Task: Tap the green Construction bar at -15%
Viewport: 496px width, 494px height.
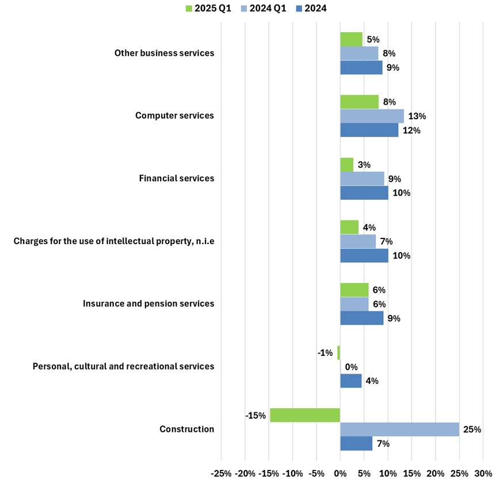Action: pyautogui.click(x=305, y=415)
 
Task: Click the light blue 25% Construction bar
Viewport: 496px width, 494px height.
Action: pyautogui.click(x=399, y=430)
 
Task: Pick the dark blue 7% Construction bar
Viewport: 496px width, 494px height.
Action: pyautogui.click(x=356, y=443)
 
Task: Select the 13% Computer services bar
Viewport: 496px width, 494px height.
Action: pyautogui.click(x=372, y=116)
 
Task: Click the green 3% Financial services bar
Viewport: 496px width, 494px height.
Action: pyautogui.click(x=347, y=165)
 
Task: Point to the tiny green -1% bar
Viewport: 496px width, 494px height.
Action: pyautogui.click(x=339, y=352)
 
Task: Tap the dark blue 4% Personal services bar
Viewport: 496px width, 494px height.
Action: pyautogui.click(x=351, y=381)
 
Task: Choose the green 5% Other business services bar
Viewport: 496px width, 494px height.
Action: pyautogui.click(x=351, y=39)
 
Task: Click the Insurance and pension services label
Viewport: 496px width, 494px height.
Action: pyautogui.click(x=148, y=303)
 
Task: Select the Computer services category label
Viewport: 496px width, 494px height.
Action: pyautogui.click(x=174, y=116)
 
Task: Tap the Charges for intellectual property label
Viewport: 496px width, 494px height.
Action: pyautogui.click(x=114, y=241)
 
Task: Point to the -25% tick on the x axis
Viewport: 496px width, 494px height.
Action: pyautogui.click(x=222, y=474)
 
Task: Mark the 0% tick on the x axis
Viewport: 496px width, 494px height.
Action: pyautogui.click(x=340, y=474)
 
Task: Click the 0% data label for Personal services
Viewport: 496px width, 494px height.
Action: pyautogui.click(x=351, y=367)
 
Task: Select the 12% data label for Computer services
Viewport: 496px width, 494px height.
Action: pyautogui.click(x=411, y=131)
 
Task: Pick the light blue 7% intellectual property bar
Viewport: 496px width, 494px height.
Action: pyautogui.click(x=358, y=241)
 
